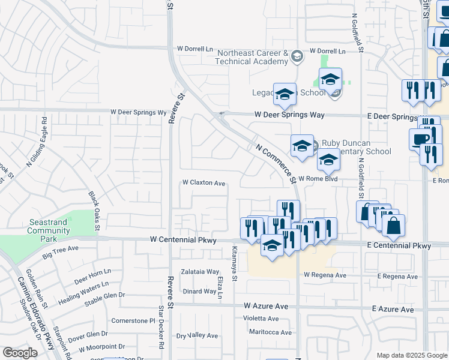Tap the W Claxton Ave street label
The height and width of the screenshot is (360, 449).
[x=203, y=183]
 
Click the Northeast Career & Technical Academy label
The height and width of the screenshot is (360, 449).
[x=253, y=58]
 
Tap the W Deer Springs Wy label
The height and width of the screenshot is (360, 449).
[x=137, y=112]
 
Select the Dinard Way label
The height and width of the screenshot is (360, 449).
[x=199, y=292]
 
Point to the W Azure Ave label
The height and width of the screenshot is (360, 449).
[x=266, y=306]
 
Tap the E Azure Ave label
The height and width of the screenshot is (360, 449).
[x=393, y=309]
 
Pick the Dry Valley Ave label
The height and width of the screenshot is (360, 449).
[x=197, y=335]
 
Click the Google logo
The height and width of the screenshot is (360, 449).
[x=20, y=353]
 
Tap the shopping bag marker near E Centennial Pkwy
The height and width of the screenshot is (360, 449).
[x=394, y=226]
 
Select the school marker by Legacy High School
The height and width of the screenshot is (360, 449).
[x=285, y=94]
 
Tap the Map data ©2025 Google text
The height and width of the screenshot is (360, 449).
[x=411, y=355]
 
